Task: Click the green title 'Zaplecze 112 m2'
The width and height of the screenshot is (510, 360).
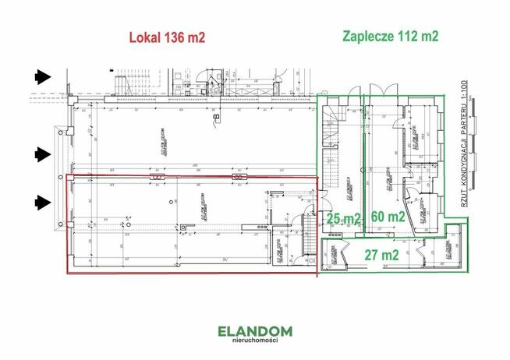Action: [x=390, y=36]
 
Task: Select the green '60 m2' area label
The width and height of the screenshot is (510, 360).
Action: [x=388, y=217]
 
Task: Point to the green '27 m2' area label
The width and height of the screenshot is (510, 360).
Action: [x=381, y=254]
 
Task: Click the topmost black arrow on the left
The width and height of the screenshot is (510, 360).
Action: [x=41, y=76]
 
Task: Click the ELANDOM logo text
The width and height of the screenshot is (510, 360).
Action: [x=255, y=331]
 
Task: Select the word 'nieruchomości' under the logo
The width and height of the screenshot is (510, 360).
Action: [x=255, y=344]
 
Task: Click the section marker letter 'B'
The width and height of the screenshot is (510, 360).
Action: [x=216, y=118]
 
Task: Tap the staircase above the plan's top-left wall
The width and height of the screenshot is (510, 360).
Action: [x=122, y=80]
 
